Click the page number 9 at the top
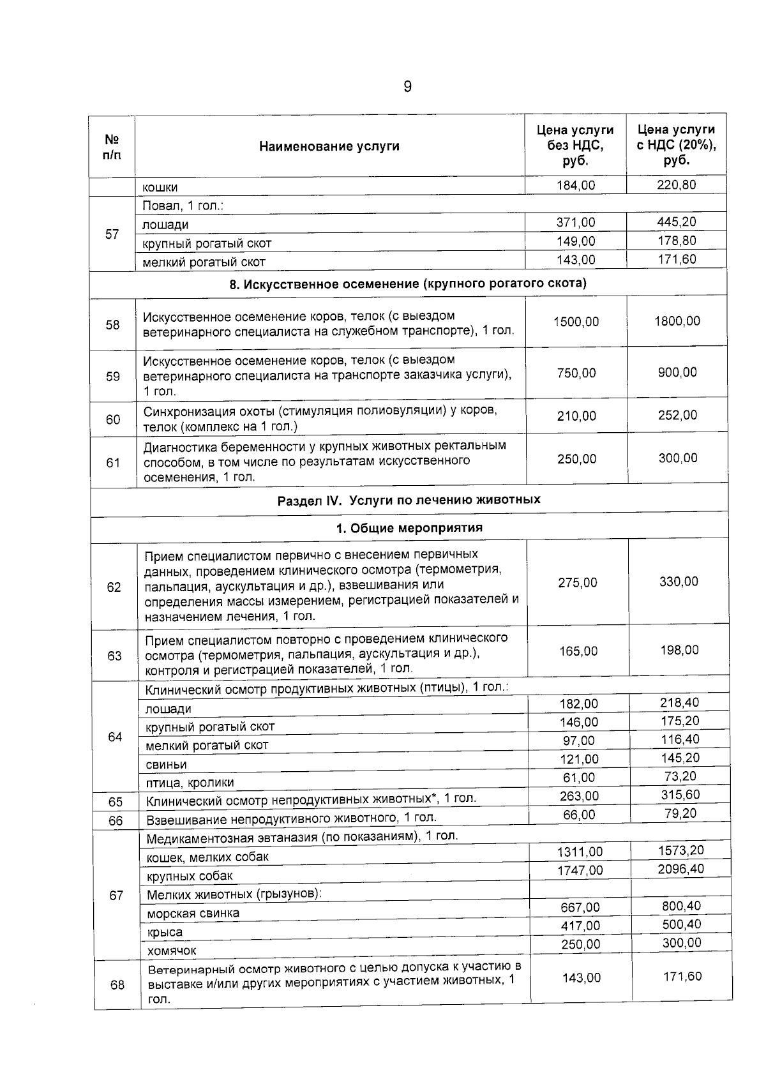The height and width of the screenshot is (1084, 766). tap(408, 87)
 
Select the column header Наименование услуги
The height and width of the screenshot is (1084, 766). tap(329, 146)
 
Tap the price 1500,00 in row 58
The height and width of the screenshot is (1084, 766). tap(576, 322)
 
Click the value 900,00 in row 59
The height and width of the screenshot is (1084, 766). tap(677, 372)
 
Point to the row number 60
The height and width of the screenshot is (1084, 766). tap(113, 419)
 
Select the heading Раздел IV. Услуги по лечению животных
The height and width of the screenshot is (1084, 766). tap(409, 499)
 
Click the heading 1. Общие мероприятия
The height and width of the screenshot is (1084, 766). tap(409, 528)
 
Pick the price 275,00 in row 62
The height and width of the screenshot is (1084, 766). tap(578, 582)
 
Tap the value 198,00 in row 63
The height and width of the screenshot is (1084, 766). tap(679, 650)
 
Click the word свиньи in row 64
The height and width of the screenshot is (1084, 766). tap(166, 764)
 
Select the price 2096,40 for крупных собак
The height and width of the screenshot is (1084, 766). tap(681, 869)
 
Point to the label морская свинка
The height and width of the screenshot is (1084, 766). tap(193, 913)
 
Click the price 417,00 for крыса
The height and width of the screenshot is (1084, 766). tap(580, 926)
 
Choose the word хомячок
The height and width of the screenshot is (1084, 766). tap(172, 951)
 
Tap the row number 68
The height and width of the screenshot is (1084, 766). tap(117, 984)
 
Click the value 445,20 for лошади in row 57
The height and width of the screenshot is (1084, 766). tap(677, 222)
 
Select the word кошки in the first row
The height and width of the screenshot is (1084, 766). tap(160, 187)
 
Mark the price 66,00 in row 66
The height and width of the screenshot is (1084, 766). tap(579, 815)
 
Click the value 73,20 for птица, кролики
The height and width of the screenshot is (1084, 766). tap(680, 776)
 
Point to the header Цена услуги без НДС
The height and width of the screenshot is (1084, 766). tap(575, 146)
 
